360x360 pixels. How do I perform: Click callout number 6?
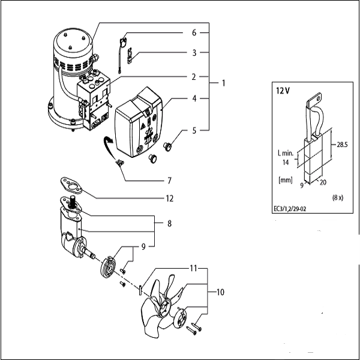pyautogui.click(x=194, y=32)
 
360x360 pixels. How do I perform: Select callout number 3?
pyautogui.click(x=194, y=53)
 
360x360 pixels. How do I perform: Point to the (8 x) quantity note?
pyautogui.click(x=338, y=197)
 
